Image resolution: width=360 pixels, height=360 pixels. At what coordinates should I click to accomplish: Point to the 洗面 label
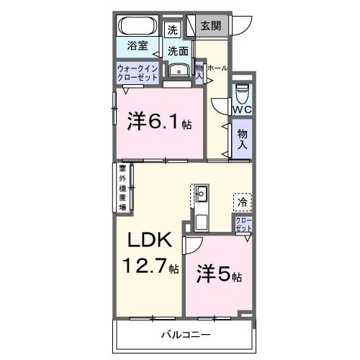(x=178, y=51)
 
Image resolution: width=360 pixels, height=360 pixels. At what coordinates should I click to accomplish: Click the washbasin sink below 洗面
(x=177, y=70)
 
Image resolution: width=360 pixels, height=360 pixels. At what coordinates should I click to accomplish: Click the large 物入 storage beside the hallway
(x=242, y=138)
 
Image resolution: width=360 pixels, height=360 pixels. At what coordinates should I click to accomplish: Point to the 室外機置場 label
(x=122, y=189)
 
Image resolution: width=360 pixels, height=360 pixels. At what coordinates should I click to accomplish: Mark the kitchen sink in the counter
(x=202, y=193)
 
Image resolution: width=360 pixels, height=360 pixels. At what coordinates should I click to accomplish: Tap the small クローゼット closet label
(x=243, y=224)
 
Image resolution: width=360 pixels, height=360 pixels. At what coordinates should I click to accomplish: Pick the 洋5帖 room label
(x=219, y=275)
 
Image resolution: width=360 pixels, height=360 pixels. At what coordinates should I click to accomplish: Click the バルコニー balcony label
(x=185, y=336)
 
